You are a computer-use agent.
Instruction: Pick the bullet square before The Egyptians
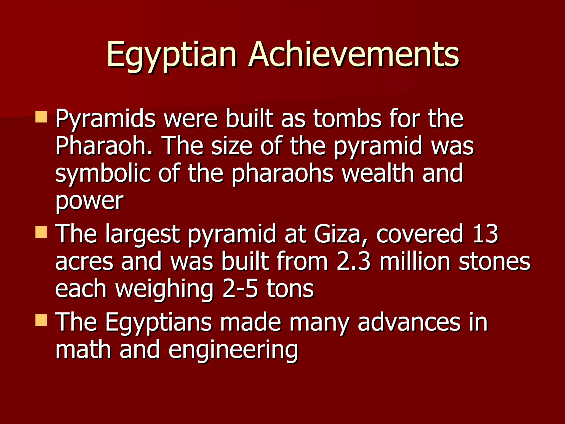point(41,320)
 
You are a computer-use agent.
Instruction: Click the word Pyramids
point(105,119)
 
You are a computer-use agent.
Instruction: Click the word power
point(89,201)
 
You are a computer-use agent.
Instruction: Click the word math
point(83,349)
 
